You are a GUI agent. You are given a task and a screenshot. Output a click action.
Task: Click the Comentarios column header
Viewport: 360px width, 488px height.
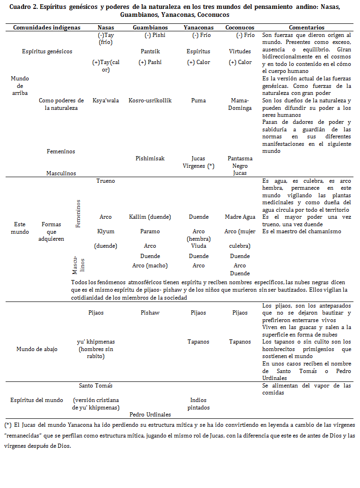click(306, 28)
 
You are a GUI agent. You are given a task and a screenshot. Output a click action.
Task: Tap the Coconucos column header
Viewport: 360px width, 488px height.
click(240, 28)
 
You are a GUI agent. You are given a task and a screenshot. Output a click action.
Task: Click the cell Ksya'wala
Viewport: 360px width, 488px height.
click(106, 100)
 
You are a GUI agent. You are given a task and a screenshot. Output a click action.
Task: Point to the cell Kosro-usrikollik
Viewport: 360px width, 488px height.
click(150, 100)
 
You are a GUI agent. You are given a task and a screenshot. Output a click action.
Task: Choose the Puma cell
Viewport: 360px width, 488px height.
click(199, 100)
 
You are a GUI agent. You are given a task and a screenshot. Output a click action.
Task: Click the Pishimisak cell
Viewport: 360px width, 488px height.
click(150, 158)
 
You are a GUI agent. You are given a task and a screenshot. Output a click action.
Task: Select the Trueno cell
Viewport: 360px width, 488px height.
click(106, 180)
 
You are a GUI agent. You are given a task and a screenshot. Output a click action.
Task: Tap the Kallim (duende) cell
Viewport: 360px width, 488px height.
click(150, 217)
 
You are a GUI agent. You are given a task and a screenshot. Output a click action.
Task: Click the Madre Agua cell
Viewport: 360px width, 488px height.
click(240, 217)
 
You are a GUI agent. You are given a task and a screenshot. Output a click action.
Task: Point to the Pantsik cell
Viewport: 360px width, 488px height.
click(150, 51)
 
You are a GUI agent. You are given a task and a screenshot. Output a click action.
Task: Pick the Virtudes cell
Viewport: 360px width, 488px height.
click(240, 51)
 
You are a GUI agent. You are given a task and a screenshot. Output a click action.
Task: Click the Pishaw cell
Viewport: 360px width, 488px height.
click(150, 313)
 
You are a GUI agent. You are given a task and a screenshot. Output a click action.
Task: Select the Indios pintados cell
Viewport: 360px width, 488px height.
click(199, 403)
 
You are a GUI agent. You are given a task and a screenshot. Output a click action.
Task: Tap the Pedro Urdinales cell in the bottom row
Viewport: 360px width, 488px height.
click(150, 414)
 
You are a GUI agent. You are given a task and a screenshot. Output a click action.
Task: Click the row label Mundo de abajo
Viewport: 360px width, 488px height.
click(37, 349)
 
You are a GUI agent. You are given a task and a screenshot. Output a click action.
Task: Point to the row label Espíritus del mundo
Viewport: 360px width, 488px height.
click(37, 400)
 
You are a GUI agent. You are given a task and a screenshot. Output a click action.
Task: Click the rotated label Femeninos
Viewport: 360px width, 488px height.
click(78, 214)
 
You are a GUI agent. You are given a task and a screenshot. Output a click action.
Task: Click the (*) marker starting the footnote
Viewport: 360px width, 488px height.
click(7, 425)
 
